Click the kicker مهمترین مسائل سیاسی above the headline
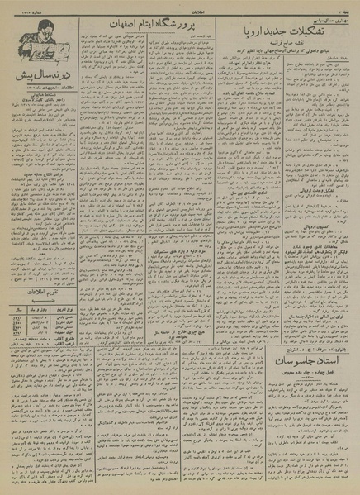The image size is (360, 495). pos(324,14)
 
